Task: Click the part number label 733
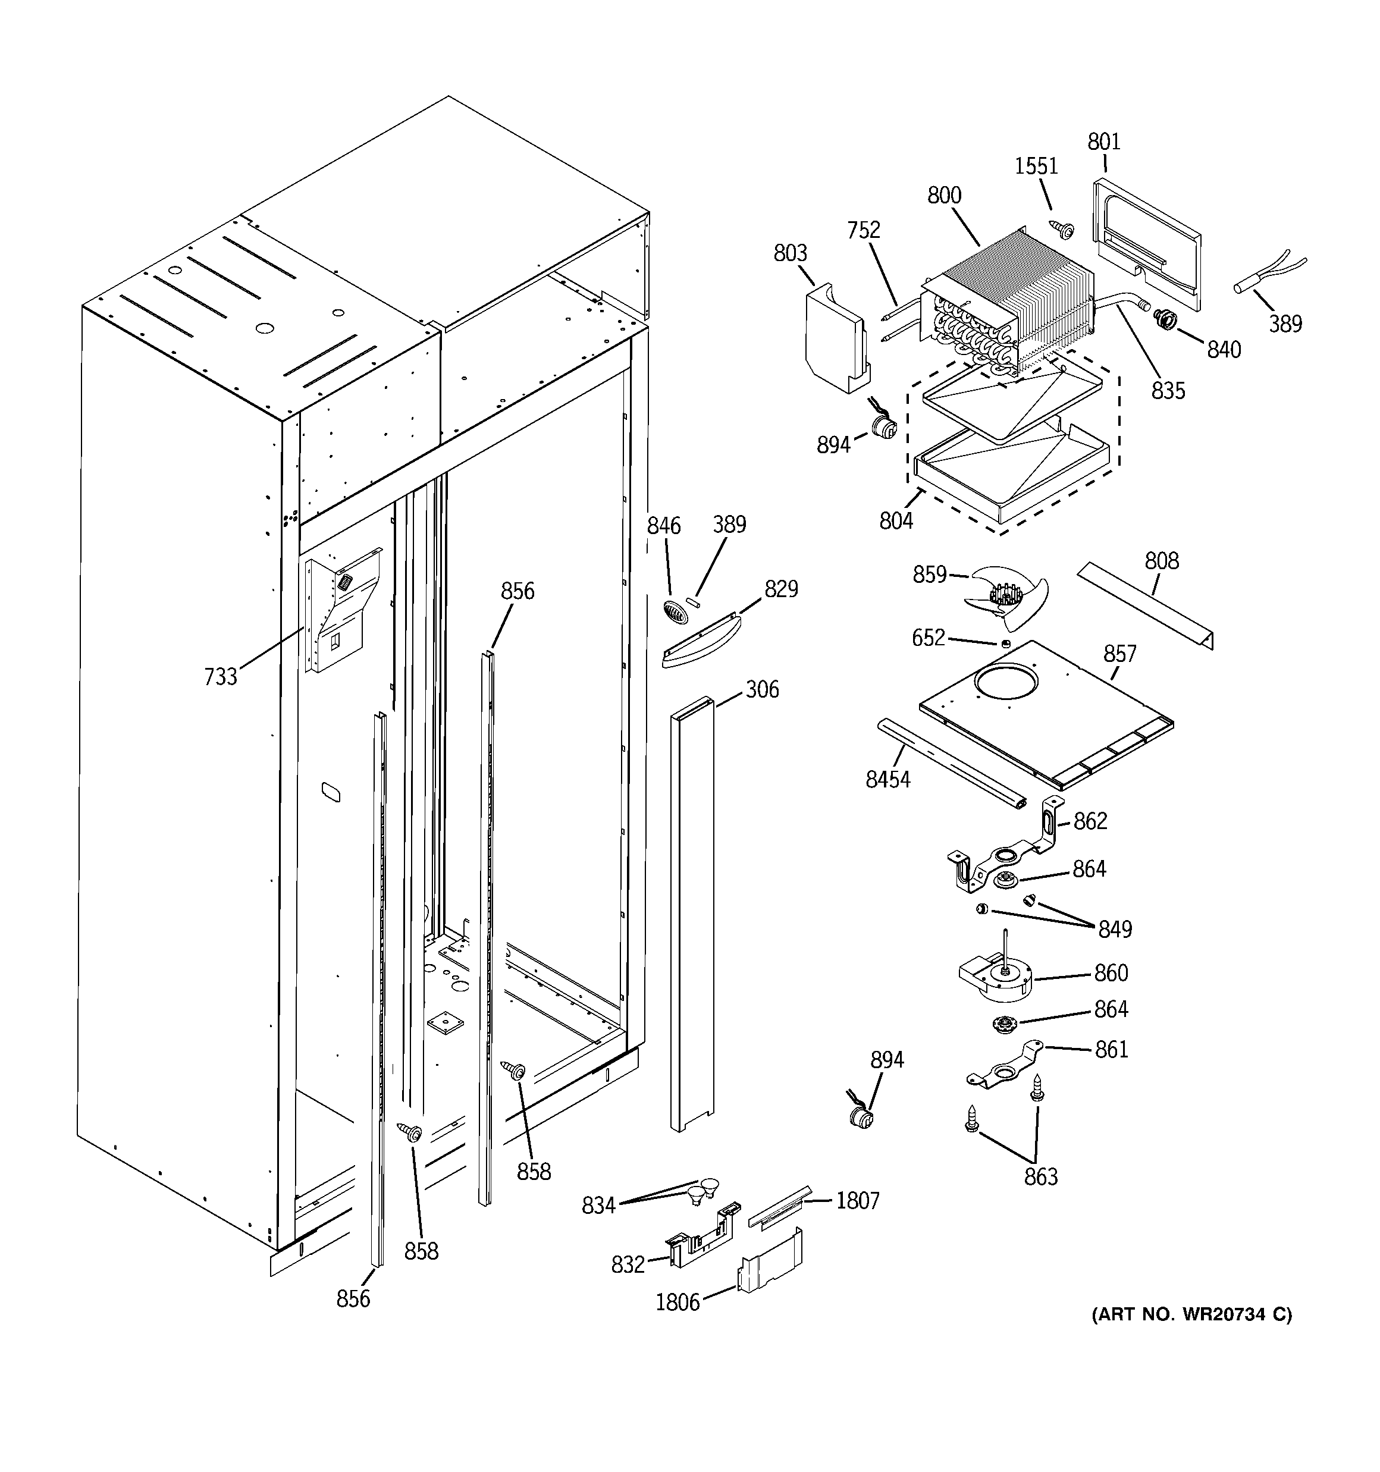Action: pos(220,676)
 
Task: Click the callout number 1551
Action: pos(1036,166)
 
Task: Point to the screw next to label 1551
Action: pos(1064,230)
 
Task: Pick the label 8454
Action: pos(887,779)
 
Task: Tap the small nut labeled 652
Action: pos(1005,643)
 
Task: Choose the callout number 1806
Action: pos(677,1302)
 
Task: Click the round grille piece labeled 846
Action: pos(674,613)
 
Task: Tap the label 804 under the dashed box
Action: pos(896,521)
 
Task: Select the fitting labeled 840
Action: pos(1165,320)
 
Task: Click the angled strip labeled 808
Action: pos(1144,605)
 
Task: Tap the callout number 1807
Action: pos(857,1200)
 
